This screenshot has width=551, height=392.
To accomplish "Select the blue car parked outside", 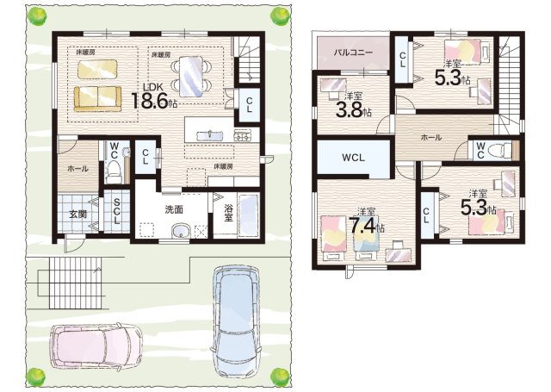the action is [236, 322].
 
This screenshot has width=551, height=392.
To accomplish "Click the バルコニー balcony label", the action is [353, 53].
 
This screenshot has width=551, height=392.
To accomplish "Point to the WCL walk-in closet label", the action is [354, 158].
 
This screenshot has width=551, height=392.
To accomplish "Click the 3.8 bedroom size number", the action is [349, 109].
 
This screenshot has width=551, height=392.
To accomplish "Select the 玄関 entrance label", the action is [77, 215].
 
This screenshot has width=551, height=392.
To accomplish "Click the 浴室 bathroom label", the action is [228, 212].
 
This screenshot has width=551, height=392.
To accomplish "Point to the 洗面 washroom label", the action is [174, 209].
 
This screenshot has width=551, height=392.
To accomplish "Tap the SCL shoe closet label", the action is [116, 211].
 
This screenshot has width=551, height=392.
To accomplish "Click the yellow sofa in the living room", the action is [97, 99].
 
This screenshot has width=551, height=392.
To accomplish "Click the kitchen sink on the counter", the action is [209, 135].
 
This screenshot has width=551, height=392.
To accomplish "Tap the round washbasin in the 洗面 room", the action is [181, 232].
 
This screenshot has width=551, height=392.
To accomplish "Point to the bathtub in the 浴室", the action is [249, 215].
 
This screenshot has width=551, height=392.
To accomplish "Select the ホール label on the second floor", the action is [431, 138].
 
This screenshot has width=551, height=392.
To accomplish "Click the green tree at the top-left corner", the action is [36, 16].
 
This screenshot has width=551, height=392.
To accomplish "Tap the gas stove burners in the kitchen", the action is [243, 135].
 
